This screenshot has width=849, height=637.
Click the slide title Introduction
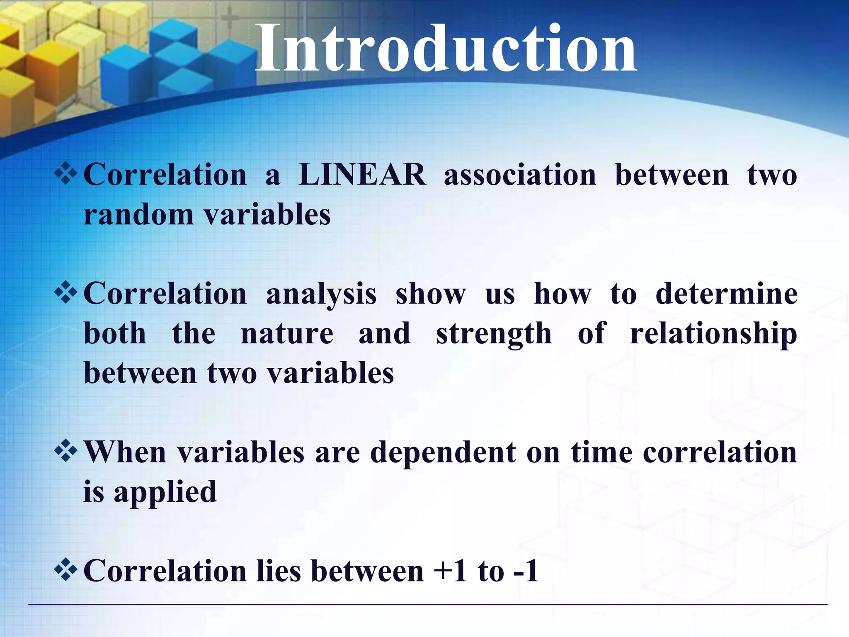pyautogui.click(x=446, y=49)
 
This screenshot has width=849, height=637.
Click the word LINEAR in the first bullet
pyautogui.click(x=362, y=175)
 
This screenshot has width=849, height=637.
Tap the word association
pyautogui.click(x=520, y=175)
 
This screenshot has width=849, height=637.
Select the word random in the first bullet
pyautogui.click(x=138, y=215)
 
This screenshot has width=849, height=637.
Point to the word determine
pyautogui.click(x=726, y=294)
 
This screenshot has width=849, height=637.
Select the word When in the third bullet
pyautogui.click(x=125, y=452)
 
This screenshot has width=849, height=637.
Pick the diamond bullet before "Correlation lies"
pyautogui.click(x=65, y=570)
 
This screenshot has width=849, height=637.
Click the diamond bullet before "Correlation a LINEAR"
pyautogui.click(x=65, y=174)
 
